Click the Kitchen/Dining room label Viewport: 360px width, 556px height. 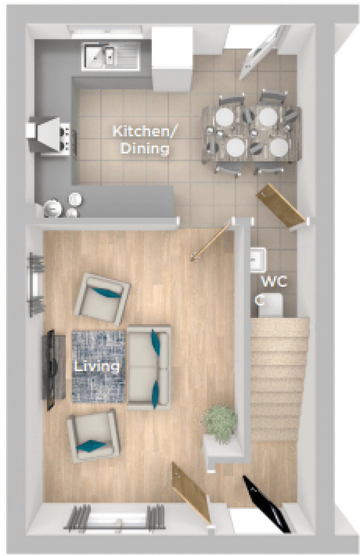pos(145,140)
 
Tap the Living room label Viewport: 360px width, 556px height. pos(97,366)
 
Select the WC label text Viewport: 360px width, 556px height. pos(274,281)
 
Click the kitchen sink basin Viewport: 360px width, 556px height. pos(110,56)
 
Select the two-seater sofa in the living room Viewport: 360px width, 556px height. pos(149,367)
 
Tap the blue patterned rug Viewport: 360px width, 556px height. pos(99,367)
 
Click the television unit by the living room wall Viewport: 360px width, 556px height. pos(53,370)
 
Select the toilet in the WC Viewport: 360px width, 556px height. pos(270,306)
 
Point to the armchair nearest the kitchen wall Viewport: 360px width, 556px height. pos(102,299)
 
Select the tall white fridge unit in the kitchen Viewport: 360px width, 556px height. pos(172,59)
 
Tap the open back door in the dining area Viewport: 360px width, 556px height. pos(263,53)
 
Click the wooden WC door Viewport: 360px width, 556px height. pos(281,205)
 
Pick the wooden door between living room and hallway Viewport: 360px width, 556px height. pos(190,493)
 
